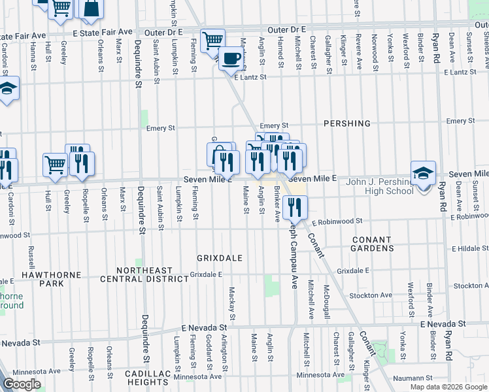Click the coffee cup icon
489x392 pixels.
(229, 59)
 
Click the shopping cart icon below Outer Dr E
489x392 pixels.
(212, 41)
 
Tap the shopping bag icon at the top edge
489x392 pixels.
(92, 8)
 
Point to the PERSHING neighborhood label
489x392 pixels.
(347, 123)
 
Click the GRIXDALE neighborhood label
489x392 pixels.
(220, 258)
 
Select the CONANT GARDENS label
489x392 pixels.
(373, 244)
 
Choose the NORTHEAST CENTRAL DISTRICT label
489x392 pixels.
(144, 274)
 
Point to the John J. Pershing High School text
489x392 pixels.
(371, 186)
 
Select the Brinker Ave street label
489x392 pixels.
(277, 202)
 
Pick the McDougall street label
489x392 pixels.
(325, 301)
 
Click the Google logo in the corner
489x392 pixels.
(22, 384)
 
